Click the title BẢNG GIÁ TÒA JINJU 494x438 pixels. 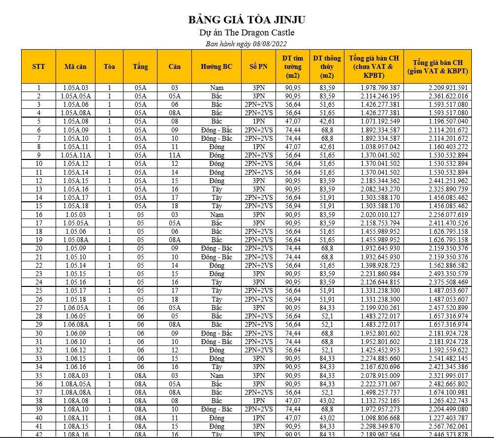(247, 20)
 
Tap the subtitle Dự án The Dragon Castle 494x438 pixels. (247, 33)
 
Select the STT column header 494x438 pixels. (38, 66)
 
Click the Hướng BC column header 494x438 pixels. (216, 66)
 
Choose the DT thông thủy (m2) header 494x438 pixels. (327, 66)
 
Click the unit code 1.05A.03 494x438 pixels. (75, 88)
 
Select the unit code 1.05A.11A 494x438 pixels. (75, 155)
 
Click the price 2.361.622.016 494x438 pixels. (442, 96)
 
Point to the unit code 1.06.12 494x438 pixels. (75, 350)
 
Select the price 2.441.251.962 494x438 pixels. (442, 181)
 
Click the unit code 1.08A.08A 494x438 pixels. (75, 392)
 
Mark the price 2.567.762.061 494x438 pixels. (442, 426)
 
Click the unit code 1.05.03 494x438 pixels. (75, 215)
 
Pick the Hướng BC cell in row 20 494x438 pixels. (216, 249)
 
